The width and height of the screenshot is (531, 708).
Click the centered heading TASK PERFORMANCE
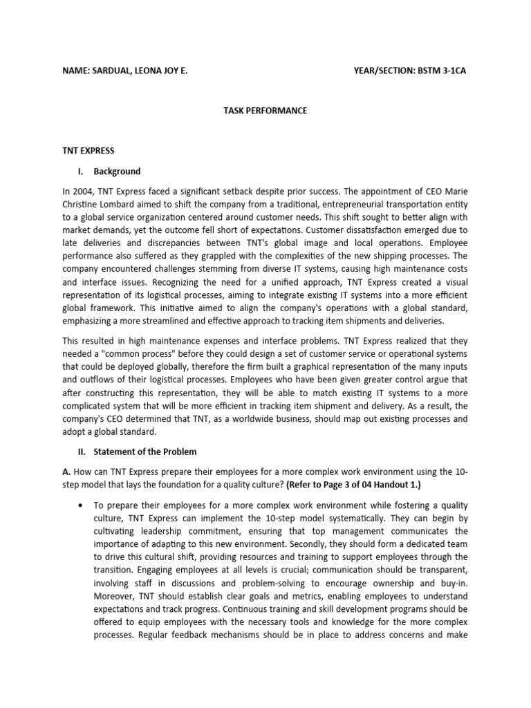(265, 111)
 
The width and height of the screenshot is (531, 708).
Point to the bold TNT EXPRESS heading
(88, 150)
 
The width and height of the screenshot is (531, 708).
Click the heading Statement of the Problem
(145, 451)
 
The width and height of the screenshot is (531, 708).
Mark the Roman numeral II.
(80, 451)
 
